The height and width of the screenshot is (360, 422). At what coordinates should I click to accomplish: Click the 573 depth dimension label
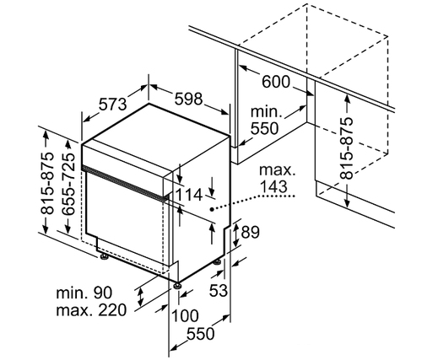click(x=113, y=105)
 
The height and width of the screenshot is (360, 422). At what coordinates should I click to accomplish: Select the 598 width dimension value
click(x=188, y=99)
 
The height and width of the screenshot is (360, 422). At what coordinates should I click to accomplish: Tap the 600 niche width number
click(x=276, y=82)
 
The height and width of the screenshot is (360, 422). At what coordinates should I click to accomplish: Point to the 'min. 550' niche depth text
click(x=264, y=120)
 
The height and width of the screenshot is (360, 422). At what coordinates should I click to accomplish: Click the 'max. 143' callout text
click(x=277, y=179)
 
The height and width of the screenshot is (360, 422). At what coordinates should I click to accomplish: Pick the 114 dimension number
click(x=189, y=195)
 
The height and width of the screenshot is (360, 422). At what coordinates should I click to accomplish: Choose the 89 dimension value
click(x=250, y=233)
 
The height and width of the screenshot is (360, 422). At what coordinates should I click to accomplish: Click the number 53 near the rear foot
click(x=218, y=290)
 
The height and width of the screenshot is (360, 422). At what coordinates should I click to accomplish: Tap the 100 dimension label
click(x=185, y=315)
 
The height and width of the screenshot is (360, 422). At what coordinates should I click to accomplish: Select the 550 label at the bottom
click(x=201, y=334)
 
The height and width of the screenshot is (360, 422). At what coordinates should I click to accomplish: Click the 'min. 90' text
click(x=84, y=293)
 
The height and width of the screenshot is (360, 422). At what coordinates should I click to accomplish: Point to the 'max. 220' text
click(x=91, y=310)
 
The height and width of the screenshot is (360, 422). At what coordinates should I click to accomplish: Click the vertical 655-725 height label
click(x=69, y=184)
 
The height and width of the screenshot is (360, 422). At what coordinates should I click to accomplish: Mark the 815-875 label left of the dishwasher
click(x=46, y=184)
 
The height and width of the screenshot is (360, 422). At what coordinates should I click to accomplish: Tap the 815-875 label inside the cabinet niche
click(x=346, y=148)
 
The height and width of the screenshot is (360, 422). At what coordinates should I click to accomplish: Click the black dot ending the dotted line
click(x=212, y=209)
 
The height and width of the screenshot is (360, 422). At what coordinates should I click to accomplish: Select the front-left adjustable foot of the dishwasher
click(x=104, y=257)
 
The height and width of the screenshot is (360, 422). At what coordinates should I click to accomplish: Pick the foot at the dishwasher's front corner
click(x=177, y=285)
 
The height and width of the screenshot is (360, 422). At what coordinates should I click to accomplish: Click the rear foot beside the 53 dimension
click(x=217, y=262)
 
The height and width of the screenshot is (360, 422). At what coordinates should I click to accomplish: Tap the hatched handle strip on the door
click(x=123, y=182)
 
